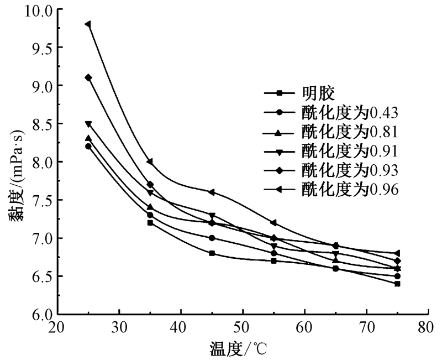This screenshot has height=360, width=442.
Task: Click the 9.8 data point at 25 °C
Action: coord(88,24)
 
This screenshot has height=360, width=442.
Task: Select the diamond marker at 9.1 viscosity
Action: coord(88,77)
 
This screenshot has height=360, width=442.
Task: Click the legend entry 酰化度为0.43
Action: coord(350,112)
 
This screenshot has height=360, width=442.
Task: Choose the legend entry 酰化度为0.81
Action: coord(350,132)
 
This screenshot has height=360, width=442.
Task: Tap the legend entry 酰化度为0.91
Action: coord(350,150)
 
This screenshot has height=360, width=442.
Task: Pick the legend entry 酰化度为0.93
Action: coord(350,169)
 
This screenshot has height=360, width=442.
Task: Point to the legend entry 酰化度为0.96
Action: coord(350,189)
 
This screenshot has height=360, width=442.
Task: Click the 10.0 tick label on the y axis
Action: coord(39,10)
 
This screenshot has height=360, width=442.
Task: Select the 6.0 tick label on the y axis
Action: coord(43,314)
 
